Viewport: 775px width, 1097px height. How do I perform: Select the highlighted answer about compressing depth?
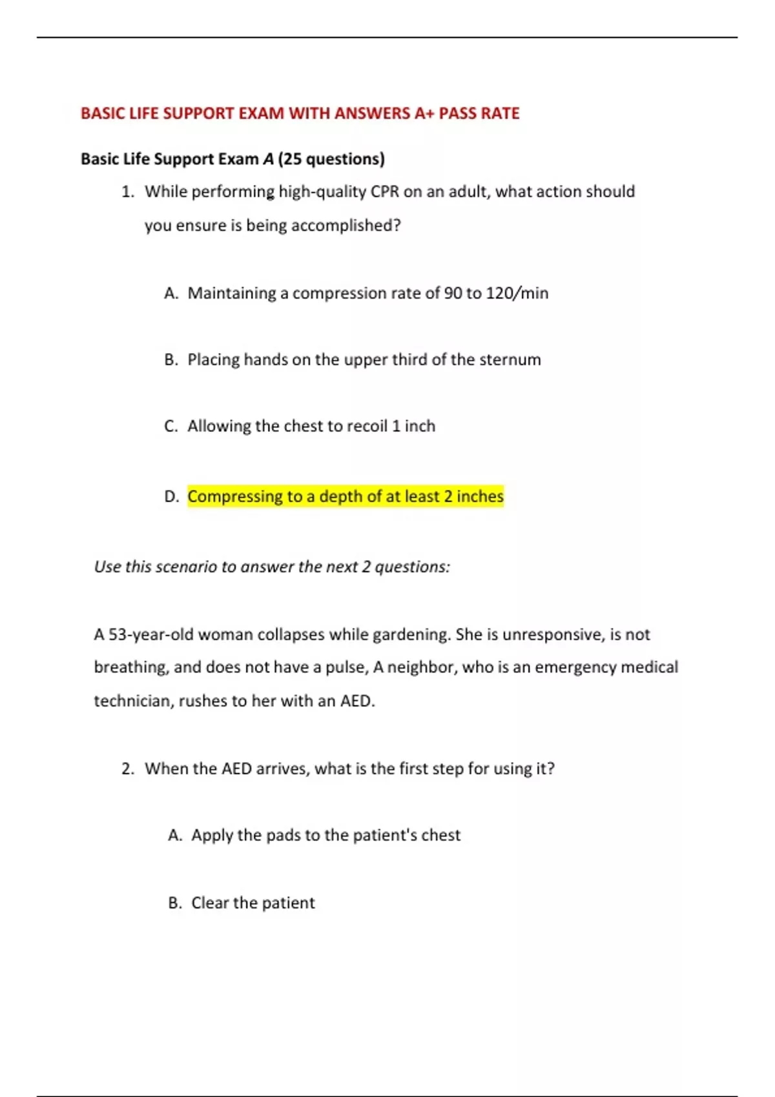point(346,496)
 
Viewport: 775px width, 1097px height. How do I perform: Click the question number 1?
point(127,192)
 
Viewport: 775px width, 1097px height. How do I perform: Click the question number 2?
point(127,769)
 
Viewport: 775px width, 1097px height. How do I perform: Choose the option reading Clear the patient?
point(253,903)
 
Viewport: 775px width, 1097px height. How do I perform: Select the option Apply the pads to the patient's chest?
point(325,835)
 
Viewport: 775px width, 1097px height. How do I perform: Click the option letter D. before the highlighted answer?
point(171,496)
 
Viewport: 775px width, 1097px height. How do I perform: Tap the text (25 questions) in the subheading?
point(331,159)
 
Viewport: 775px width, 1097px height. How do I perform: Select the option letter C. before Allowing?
point(170,426)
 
